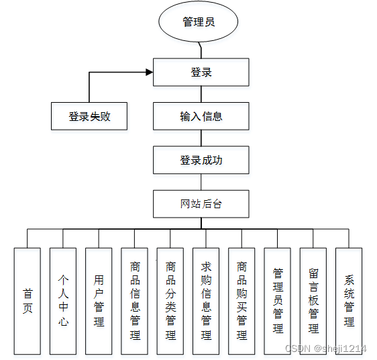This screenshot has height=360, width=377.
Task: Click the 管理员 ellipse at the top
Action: [199, 22]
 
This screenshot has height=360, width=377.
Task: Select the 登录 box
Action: [201, 73]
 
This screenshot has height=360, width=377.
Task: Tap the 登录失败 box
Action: [89, 116]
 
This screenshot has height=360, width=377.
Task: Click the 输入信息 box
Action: [201, 116]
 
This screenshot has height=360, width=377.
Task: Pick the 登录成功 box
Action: [201, 160]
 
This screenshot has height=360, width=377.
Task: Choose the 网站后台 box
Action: [201, 204]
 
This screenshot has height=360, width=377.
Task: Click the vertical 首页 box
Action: [28, 301]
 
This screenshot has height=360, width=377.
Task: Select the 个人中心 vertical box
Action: [63, 301]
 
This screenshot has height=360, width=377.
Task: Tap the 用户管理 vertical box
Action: [99, 301]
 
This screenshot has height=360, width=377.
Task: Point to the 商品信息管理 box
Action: [135, 301]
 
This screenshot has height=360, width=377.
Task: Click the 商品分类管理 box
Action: [170, 301]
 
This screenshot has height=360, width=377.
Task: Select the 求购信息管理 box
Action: [206, 301]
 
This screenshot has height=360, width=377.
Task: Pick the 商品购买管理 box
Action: [241, 301]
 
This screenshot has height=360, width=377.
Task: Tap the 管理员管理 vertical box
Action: [278, 301]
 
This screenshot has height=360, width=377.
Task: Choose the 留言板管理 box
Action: [313, 301]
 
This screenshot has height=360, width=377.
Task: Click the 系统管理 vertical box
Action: [349, 301]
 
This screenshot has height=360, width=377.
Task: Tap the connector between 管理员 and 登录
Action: [200, 50]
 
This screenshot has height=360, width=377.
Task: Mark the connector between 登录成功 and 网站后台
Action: [201, 182]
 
